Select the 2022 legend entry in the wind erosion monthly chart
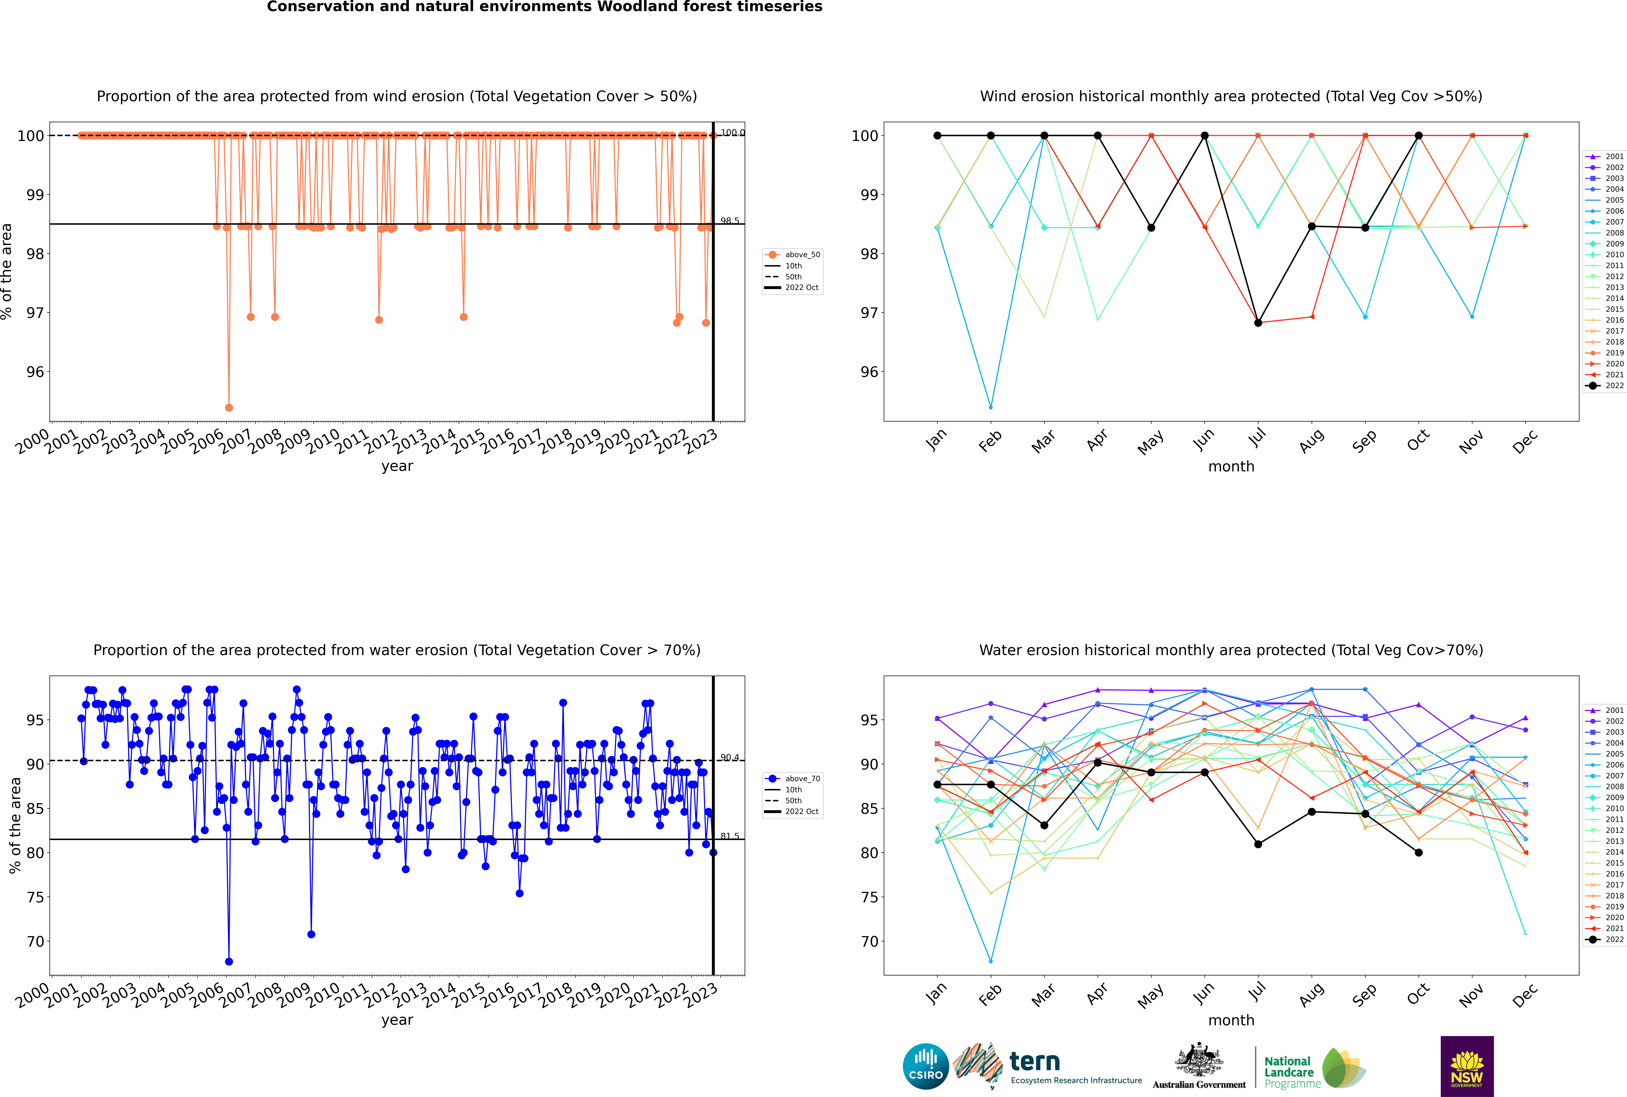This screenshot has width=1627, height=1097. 1605,385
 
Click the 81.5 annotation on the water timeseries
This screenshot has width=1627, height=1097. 730,836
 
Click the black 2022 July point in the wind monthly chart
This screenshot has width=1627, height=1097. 1258,323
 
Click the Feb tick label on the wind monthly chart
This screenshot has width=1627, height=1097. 990,442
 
